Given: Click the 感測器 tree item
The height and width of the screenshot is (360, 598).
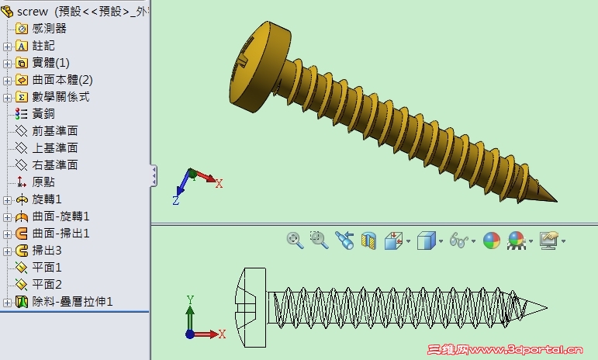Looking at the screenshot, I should [49, 29].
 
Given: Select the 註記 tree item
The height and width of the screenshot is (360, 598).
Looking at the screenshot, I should [43, 46].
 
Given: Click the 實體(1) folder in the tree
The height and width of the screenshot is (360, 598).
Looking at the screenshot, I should [50, 63].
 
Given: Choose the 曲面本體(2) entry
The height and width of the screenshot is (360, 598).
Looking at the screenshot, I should [62, 80].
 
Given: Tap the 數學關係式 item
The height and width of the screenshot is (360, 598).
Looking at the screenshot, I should [60, 97].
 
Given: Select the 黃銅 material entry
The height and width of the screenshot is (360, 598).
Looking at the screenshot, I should [43, 114].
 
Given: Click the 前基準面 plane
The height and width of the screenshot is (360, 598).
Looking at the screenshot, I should [54, 131].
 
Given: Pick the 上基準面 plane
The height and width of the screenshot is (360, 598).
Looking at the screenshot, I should [54, 148].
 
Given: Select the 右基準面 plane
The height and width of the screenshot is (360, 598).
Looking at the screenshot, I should [54, 165].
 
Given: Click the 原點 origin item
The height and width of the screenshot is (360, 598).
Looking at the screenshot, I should [43, 182].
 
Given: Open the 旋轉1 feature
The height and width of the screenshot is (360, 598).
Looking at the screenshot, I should [47, 199].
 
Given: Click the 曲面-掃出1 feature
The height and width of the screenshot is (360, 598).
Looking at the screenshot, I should [60, 234].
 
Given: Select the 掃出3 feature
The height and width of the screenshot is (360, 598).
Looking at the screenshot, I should [47, 251].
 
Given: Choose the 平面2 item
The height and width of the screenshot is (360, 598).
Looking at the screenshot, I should [47, 285].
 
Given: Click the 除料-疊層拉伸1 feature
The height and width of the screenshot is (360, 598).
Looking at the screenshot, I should [72, 302].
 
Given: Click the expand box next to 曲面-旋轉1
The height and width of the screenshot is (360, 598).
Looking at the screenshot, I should [8, 216].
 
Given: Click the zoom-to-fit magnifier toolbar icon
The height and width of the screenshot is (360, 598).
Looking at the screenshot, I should [294, 241].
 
